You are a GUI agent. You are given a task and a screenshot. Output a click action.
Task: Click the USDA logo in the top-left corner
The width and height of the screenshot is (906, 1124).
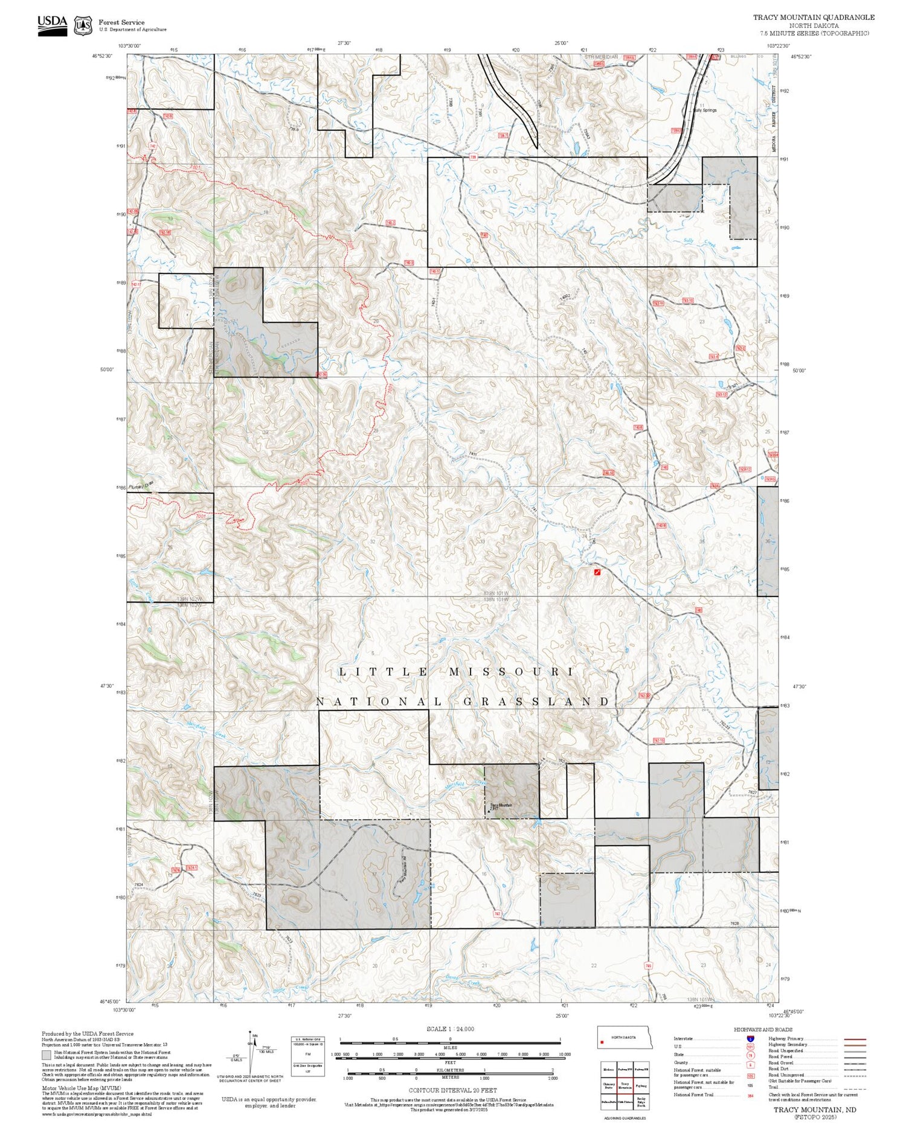coord(52,25)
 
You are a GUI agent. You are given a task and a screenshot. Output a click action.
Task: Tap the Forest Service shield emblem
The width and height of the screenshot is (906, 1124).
coord(83,26)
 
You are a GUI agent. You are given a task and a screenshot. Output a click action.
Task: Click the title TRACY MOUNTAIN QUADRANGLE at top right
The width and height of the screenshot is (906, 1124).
coord(813,17)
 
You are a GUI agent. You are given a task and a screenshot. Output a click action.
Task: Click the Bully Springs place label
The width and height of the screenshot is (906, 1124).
coord(705,110)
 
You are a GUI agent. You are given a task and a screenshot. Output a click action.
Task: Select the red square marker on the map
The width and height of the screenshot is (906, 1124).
coord(597,571)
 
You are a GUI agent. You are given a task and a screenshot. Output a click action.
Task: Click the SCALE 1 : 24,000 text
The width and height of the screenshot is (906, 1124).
coord(450,1029)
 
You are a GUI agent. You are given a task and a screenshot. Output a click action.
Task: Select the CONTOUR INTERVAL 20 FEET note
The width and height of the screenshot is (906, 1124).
coord(452,1090)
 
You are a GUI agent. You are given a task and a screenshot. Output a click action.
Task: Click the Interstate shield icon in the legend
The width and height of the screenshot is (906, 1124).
coord(750,1038)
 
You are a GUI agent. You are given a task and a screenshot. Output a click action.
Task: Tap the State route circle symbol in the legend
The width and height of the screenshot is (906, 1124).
coord(750,1055)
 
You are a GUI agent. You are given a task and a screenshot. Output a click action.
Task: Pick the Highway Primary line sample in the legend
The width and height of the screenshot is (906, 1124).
coord(853,1039)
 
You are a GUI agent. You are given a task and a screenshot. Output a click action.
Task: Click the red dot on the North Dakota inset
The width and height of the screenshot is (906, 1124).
coord(602,1042)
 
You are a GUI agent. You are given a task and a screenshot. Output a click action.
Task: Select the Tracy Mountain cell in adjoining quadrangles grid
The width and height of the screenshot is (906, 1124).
coord(625,1085)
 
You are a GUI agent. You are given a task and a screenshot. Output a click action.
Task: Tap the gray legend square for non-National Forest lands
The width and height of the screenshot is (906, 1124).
coord(47,1055)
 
